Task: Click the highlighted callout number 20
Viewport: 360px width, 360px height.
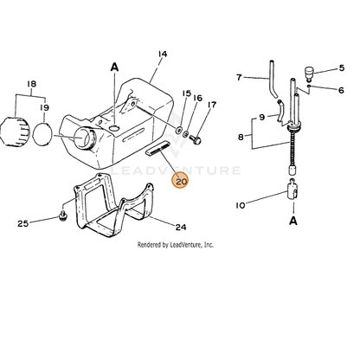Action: [180, 181]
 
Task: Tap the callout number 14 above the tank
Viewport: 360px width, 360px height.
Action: [163, 54]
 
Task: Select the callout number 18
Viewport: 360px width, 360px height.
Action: [31, 84]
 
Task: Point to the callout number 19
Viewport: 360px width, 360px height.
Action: [44, 107]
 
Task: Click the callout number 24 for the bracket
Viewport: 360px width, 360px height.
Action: [181, 228]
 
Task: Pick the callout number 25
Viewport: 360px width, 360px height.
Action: [23, 223]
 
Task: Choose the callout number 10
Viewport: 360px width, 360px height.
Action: [241, 205]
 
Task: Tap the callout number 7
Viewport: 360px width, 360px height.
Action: [239, 77]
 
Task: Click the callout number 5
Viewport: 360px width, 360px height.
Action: [342, 68]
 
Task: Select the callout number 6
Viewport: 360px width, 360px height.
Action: [341, 90]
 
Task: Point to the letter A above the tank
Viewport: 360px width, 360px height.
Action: [114, 67]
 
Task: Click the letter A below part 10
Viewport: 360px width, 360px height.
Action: [293, 221]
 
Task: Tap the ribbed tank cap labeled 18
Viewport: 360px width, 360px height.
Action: [15, 132]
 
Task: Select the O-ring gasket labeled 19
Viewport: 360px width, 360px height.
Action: [43, 134]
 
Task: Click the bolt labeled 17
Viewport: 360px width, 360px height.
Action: [196, 140]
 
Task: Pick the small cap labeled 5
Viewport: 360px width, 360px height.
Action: [309, 73]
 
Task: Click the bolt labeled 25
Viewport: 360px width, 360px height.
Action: [62, 215]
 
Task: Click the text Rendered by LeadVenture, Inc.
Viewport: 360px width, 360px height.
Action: [176, 245]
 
